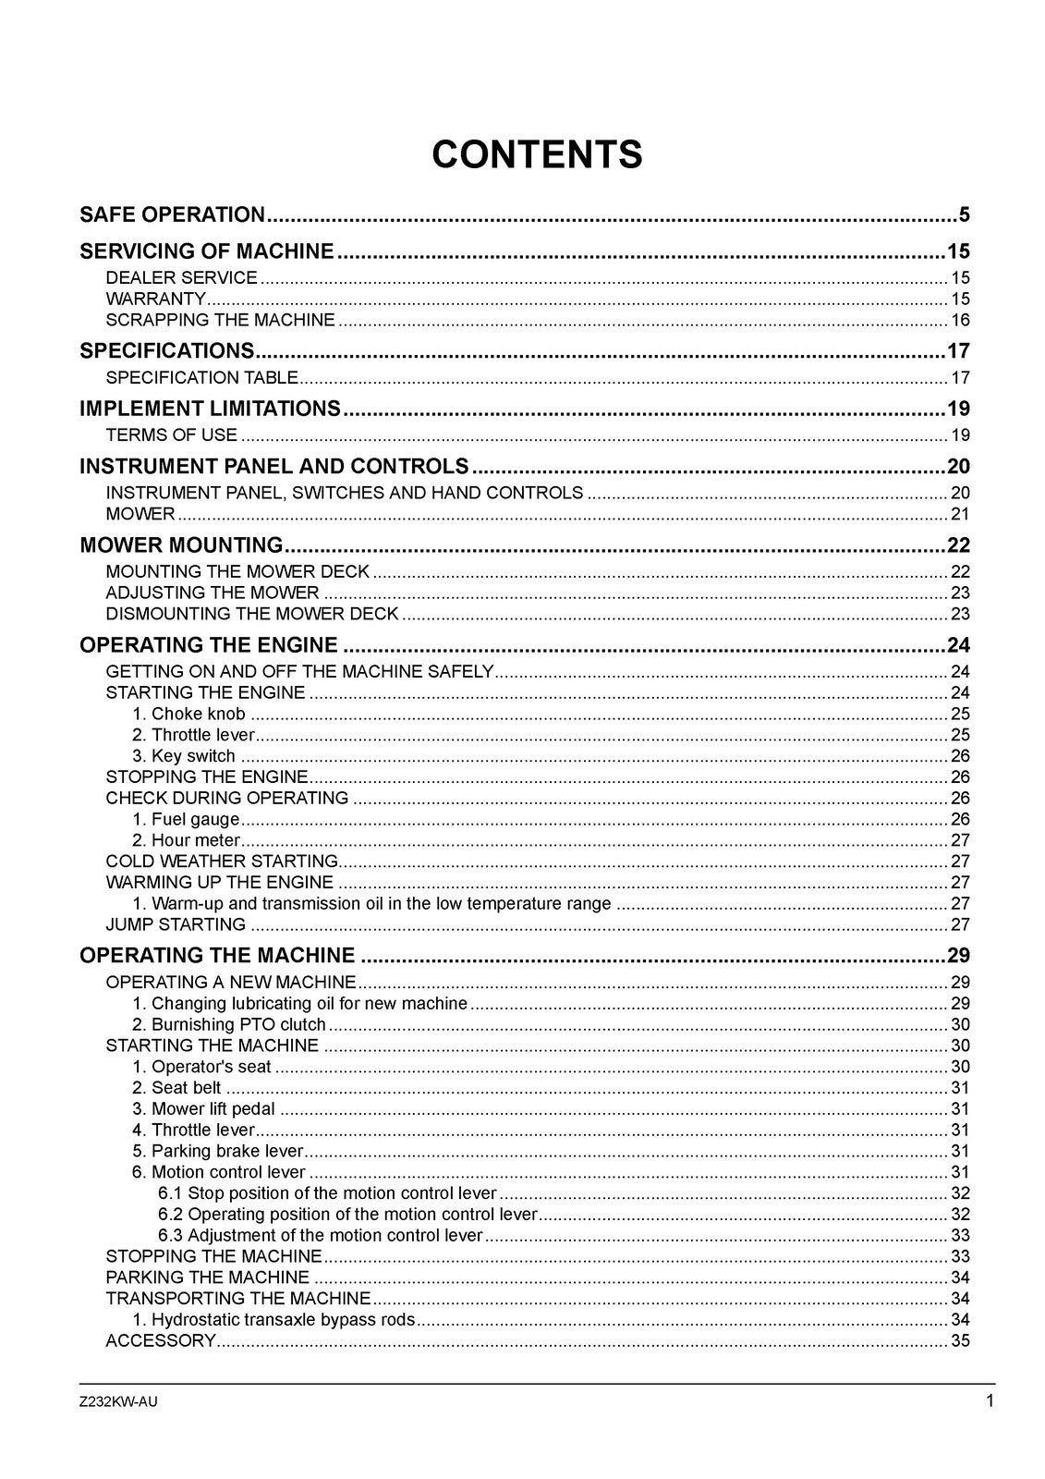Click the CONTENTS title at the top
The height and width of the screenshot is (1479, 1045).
pos(537,154)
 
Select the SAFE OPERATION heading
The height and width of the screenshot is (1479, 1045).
pos(173,215)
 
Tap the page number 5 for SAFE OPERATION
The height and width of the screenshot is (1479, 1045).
pos(964,215)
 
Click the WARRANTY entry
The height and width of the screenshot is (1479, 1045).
pos(155,299)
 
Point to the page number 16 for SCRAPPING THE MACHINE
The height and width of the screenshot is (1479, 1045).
pos(960,320)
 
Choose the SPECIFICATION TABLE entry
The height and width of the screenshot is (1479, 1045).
pos(201,377)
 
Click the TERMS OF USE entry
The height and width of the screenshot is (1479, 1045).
pos(171,434)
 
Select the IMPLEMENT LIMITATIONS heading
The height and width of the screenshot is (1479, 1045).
pos(210,409)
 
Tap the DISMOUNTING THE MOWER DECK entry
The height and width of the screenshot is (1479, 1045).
pos(251,614)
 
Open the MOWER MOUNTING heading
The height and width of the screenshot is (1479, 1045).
pos(181,544)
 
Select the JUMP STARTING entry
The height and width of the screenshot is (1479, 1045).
pos(176,924)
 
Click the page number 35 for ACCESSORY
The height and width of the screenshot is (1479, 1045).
pos(960,1340)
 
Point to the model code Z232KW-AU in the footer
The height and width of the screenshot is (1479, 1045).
pos(118,1401)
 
